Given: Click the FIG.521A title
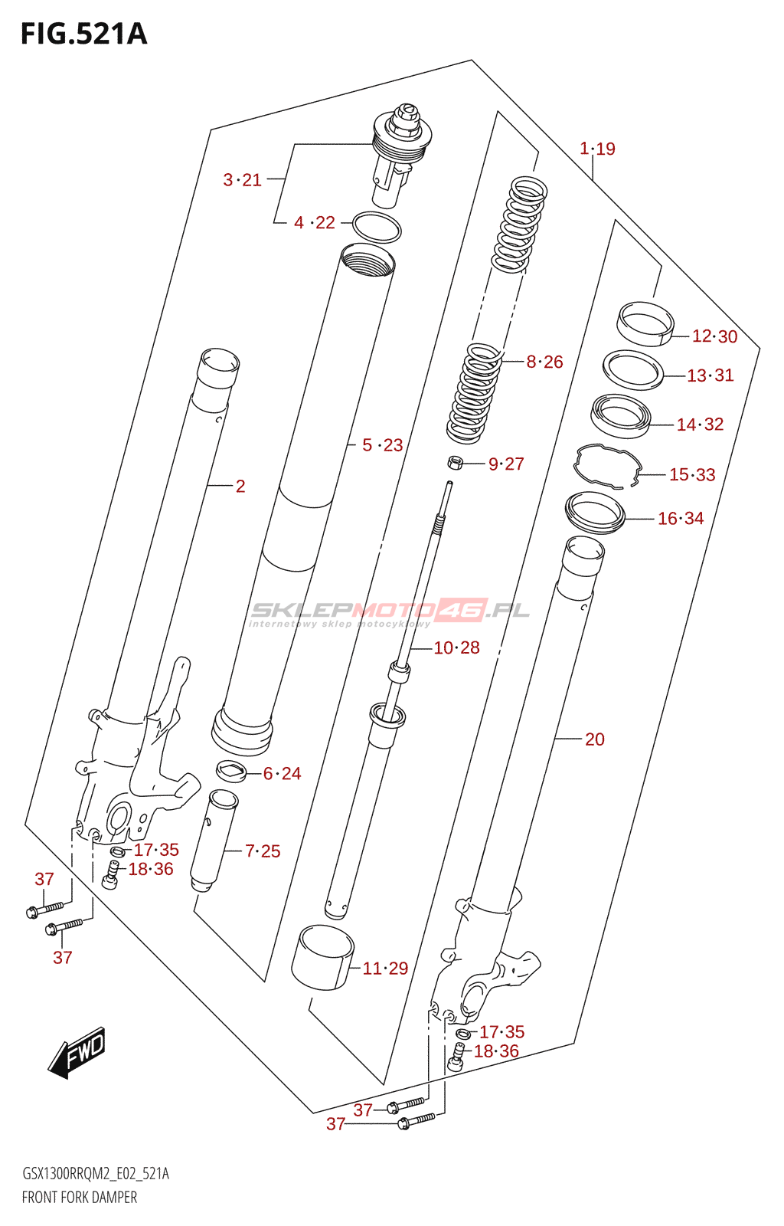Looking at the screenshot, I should [x=83, y=34].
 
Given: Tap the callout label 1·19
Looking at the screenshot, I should [x=597, y=149].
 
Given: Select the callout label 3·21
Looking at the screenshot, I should [x=242, y=180].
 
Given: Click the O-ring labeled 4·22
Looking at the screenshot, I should [x=377, y=228].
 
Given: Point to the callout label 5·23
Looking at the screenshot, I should [x=382, y=445].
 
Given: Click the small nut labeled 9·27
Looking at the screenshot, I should [x=455, y=462].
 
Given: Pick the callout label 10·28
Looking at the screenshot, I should [x=456, y=648].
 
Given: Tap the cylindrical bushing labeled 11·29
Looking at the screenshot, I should [x=322, y=957].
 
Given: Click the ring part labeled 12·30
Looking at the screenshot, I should [x=645, y=323].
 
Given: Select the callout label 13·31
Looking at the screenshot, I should [x=710, y=375].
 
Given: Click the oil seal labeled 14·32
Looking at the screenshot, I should [x=620, y=415].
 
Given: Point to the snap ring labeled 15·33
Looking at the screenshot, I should [x=608, y=465].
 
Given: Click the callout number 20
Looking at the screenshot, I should [x=595, y=739].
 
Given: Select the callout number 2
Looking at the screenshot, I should [x=240, y=487].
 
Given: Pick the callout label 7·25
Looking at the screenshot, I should [x=263, y=851].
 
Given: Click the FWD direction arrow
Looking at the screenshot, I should [x=77, y=1052].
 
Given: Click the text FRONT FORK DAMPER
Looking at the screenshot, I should [x=80, y=1198].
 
